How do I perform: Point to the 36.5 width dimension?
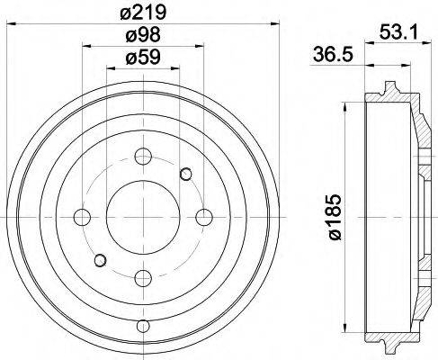point(329,52)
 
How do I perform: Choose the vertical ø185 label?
point(335,217)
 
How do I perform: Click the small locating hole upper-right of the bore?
point(185,173)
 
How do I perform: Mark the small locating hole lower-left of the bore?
point(100,260)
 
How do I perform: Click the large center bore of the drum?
point(141,216)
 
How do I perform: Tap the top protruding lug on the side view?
point(389,88)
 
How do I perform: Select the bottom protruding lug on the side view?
point(389,346)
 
